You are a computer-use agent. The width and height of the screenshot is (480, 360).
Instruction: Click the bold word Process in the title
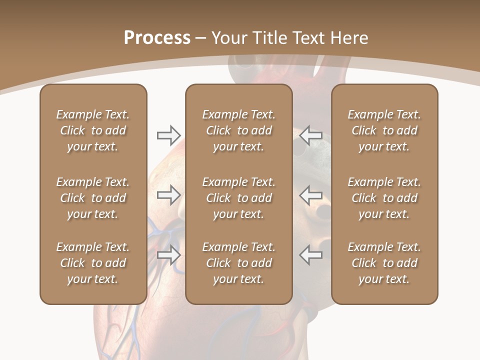click(x=157, y=38)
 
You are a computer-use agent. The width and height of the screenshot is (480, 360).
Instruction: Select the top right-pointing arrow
click(x=168, y=135)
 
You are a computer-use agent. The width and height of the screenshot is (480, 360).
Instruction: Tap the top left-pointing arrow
click(x=311, y=135)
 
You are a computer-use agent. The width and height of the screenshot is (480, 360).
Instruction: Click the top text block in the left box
click(x=93, y=130)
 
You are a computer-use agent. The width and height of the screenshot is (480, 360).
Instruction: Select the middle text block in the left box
click(x=93, y=198)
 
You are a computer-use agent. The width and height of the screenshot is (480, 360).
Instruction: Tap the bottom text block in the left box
click(x=93, y=263)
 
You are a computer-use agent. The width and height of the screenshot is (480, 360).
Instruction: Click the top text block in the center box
click(x=238, y=130)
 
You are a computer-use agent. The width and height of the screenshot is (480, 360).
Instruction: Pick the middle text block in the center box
click(x=238, y=198)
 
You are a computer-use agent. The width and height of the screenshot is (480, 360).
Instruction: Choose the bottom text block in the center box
click(x=238, y=263)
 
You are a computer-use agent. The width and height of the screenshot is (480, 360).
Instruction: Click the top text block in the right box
click(x=384, y=130)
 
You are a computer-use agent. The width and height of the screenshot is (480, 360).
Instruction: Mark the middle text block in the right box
click(x=384, y=198)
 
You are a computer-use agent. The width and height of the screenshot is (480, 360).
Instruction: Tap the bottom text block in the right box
click(x=384, y=263)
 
